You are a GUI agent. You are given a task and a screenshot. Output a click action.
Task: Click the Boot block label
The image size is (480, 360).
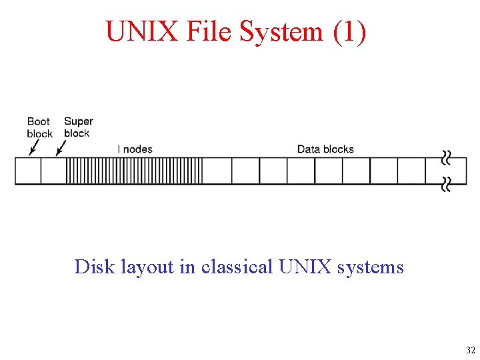pos(39,127)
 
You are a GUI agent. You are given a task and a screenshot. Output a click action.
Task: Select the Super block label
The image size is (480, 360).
pos(78,127)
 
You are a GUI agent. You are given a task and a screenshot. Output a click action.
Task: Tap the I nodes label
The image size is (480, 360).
pos(135,149)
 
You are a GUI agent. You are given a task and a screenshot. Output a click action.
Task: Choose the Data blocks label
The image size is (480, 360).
pos(325,149)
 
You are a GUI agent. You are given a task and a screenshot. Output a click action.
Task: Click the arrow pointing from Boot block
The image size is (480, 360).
pos(32,147)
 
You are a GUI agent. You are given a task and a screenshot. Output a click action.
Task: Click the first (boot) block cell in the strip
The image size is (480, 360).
pos(28,171)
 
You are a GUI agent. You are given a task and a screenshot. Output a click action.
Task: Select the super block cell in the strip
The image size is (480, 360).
pos(53,171)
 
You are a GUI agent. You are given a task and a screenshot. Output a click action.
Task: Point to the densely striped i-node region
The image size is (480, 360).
pos(134,171)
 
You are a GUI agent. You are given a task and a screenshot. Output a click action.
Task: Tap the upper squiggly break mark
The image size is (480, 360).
pos(445,158)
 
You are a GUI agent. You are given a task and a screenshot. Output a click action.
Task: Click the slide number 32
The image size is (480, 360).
pos(470,350)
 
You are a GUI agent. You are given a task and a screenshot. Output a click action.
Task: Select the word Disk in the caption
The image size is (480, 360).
pos(95,267)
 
